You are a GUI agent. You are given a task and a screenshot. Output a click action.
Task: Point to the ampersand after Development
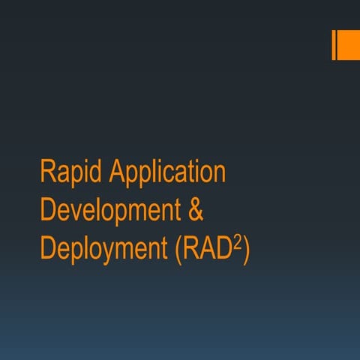click(194, 211)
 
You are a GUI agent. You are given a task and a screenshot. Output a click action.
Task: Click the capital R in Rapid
click(46, 172)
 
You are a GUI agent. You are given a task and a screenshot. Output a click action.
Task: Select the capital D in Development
click(47, 211)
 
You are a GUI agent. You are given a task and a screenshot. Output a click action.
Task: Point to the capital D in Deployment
click(47, 248)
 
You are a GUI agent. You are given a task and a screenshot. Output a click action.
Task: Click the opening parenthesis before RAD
click(177, 250)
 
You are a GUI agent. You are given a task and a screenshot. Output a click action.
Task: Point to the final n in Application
click(220, 175)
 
